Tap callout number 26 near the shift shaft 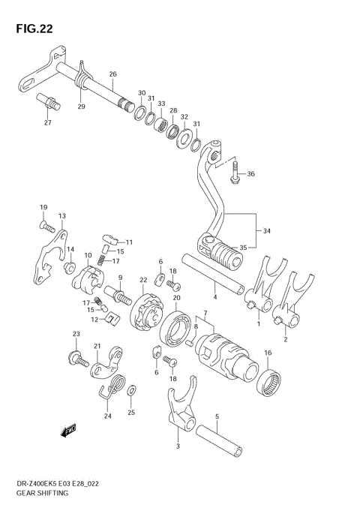[112, 74]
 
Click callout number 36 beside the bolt [250, 174]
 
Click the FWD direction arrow [70, 431]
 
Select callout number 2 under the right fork [285, 339]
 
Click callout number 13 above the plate [62, 215]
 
